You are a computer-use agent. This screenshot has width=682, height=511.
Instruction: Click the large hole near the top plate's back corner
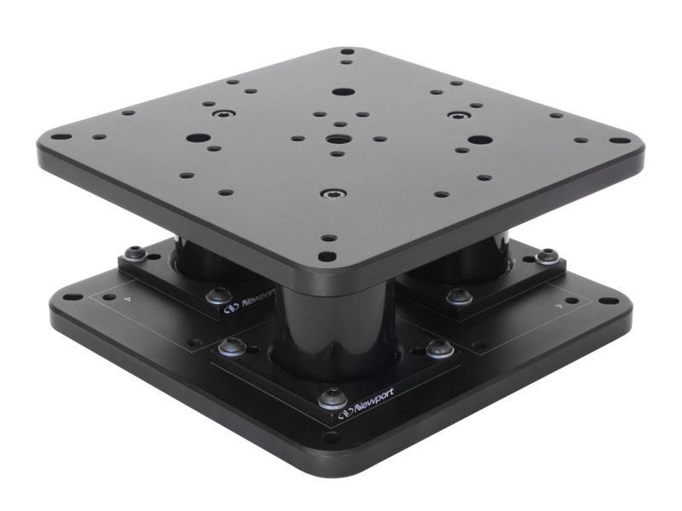click(x=343, y=91)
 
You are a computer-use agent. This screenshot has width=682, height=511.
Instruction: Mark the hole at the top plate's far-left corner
click(x=61, y=136)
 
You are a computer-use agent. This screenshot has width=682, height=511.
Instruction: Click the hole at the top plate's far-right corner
click(x=616, y=141)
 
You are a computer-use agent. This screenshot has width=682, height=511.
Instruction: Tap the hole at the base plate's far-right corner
click(x=607, y=300)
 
